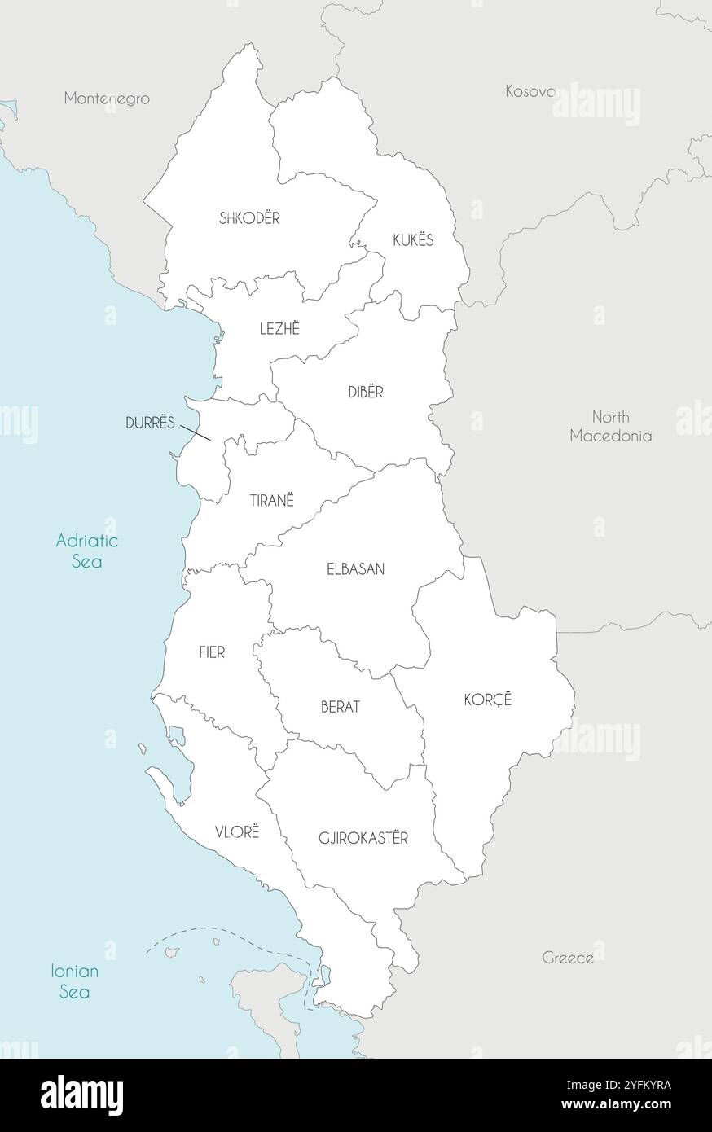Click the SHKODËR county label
[249, 218]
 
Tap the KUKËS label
[413, 240]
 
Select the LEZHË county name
[279, 328]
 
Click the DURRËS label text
[151, 423]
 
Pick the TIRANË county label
[271, 501]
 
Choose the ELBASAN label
[355, 569]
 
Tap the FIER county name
[212, 652]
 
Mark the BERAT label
[340, 707]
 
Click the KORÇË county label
[487, 699]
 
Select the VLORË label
[236, 831]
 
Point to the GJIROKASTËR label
[363, 837]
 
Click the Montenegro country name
[107, 99]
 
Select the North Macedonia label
[610, 426]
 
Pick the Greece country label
[568, 958]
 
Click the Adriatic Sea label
[86, 551]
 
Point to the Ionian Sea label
[74, 981]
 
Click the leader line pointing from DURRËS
[196, 432]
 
